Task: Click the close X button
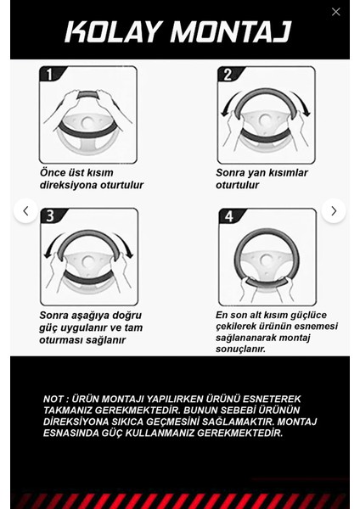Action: click(x=335, y=12)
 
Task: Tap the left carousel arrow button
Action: click(x=25, y=210)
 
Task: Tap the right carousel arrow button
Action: click(x=334, y=210)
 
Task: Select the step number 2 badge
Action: click(x=227, y=75)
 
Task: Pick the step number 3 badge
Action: click(x=50, y=216)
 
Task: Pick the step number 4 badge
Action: click(x=228, y=216)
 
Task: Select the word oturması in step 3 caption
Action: click(x=62, y=340)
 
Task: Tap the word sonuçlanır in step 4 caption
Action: click(x=240, y=349)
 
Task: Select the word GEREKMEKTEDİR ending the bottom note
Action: click(x=228, y=433)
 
